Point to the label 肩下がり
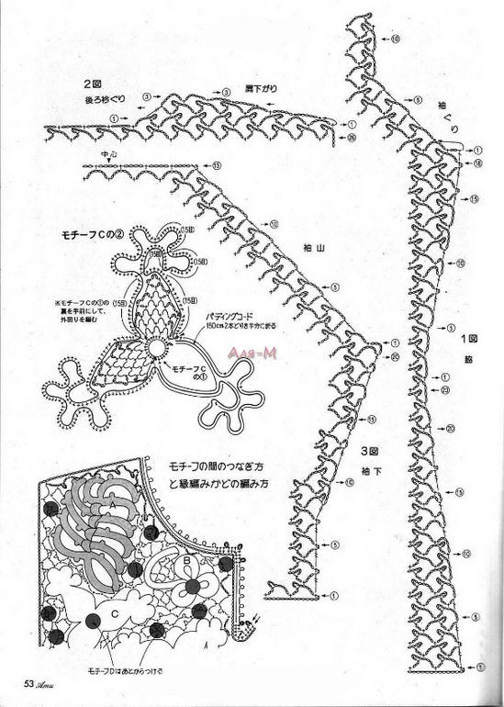coord(261,88)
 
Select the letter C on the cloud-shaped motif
coord(114,612)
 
